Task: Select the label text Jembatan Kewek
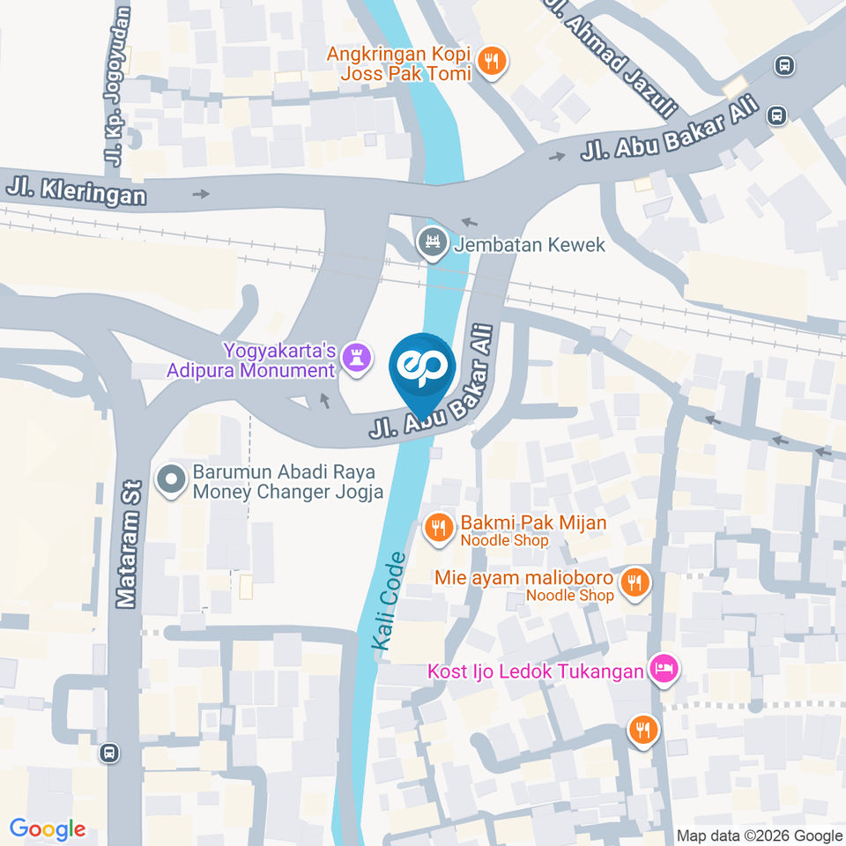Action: (530, 244)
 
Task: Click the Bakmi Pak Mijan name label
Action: (532, 523)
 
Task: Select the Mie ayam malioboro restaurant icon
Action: (633, 583)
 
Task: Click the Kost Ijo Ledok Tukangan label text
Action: (536, 672)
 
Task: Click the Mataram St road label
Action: (130, 544)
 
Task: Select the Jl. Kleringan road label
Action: (76, 189)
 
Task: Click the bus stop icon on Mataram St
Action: (109, 753)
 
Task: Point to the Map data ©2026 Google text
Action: (760, 835)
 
